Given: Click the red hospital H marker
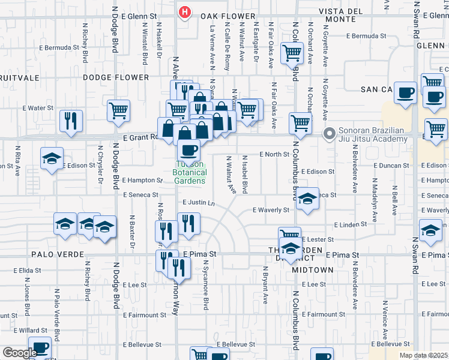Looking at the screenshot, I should pyautogui.click(x=185, y=11).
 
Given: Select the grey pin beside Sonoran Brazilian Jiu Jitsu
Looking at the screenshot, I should pyautogui.click(x=329, y=134).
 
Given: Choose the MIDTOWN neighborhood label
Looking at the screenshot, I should pyautogui.click(x=313, y=270).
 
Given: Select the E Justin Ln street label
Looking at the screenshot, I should pyautogui.click(x=198, y=203).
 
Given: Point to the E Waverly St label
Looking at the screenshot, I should pyautogui.click(x=271, y=210).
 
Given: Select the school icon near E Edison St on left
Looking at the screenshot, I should pyautogui.click(x=52, y=158).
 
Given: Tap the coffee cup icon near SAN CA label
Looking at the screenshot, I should pyautogui.click(x=405, y=93).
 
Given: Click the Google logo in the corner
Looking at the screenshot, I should pyautogui.click(x=20, y=353).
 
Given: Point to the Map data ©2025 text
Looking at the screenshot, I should pyautogui.click(x=424, y=355).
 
